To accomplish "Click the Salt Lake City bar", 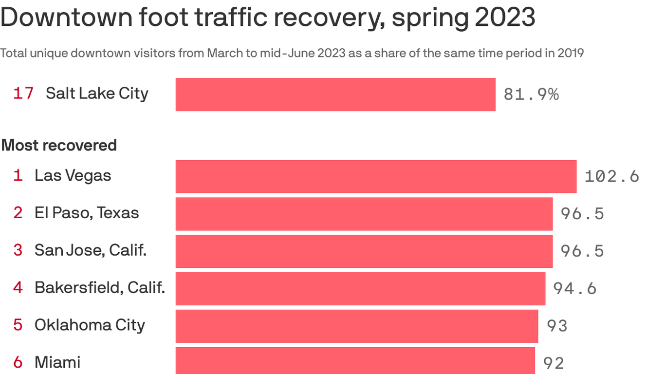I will [x=335, y=94].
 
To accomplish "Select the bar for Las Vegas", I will [x=376, y=176].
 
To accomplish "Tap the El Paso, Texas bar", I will [x=364, y=214].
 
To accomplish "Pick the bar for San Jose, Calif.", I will [x=364, y=251].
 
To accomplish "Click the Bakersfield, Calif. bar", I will [x=360, y=289].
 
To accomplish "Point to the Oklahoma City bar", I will [x=357, y=326].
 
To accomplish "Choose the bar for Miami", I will [x=355, y=361].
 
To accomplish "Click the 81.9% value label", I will [x=531, y=94].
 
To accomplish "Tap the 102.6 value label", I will [x=611, y=176].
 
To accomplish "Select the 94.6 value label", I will [x=574, y=288].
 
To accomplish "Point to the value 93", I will [x=557, y=325].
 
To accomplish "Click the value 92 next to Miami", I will [x=554, y=363].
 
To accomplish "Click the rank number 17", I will [x=23, y=93].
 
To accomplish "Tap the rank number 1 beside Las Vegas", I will [x=18, y=175].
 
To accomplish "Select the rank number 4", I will [x=18, y=287].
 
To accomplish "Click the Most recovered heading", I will [x=59, y=145].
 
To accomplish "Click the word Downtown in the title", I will [x=66, y=18].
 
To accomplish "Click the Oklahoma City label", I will [x=90, y=325].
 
